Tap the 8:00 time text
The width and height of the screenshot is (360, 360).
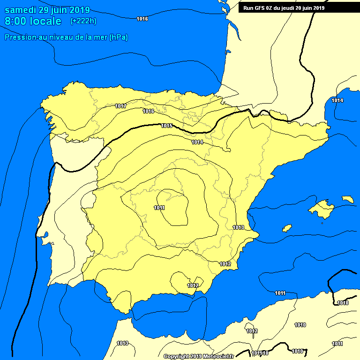tap(15, 22)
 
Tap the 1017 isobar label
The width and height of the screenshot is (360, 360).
tap(120, 106)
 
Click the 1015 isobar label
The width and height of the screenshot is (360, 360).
tap(166, 126)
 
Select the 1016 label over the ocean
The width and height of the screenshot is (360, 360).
tap(142, 19)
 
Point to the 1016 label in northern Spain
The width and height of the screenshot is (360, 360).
tap(149, 111)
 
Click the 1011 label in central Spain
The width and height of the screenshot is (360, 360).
tap(159, 208)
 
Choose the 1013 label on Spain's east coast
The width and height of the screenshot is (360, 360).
tap(238, 227)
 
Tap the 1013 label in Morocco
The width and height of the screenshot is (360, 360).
tap(122, 343)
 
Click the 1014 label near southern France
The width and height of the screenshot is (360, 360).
tap(337, 101)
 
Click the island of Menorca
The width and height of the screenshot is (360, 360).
tap(348, 199)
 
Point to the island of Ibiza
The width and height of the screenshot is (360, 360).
tap(287, 228)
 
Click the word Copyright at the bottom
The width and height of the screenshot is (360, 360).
tap(177, 356)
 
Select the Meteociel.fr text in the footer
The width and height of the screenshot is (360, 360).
tap(218, 356)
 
